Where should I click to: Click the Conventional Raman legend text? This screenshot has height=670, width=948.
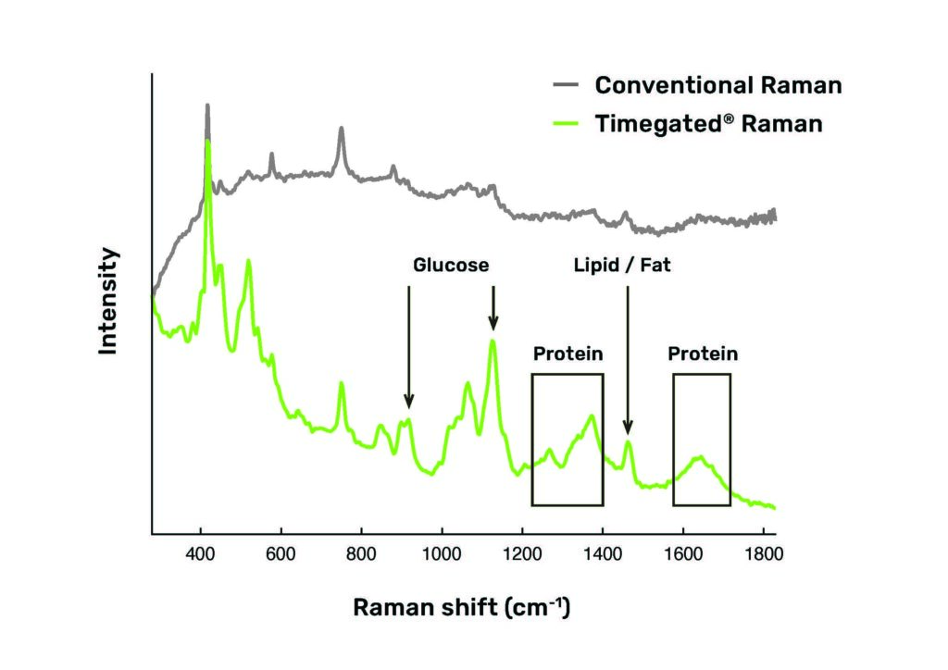(717, 85)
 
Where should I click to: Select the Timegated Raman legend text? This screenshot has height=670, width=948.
(708, 123)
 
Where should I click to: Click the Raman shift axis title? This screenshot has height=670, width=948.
(461, 608)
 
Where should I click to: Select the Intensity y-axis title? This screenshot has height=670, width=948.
(108, 301)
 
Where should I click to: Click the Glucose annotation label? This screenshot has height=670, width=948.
(451, 266)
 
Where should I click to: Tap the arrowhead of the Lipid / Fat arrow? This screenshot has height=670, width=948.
(628, 428)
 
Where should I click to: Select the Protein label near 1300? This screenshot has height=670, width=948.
(568, 354)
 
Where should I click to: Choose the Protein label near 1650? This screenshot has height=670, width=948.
(704, 354)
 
